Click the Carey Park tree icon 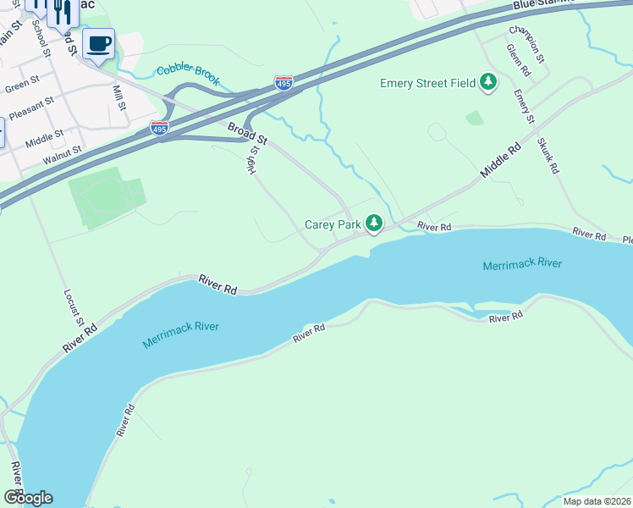coord(373,224)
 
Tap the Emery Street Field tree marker coord(487,83)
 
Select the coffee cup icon coord(99,43)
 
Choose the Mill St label coord(118,98)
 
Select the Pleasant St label coord(31,107)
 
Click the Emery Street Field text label coord(427,83)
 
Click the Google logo coord(28,498)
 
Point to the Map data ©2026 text coord(596,501)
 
